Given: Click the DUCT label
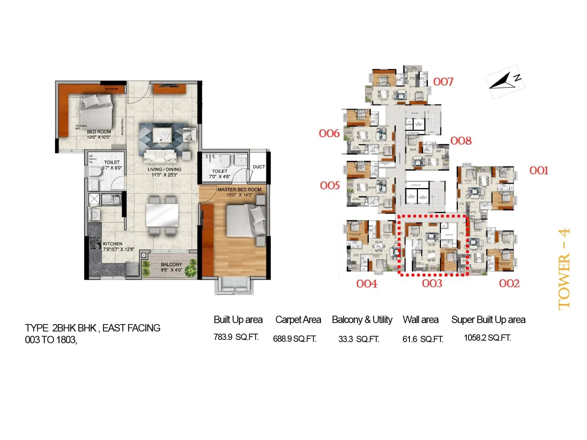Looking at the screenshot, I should [259, 167].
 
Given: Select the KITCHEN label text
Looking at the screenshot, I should [113, 244].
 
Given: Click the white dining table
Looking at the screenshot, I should [162, 215].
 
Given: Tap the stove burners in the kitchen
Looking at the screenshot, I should [95, 243].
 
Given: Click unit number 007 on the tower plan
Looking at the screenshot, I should [443, 82].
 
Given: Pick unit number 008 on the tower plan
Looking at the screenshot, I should [461, 141].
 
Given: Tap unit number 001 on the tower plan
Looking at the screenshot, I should [539, 170].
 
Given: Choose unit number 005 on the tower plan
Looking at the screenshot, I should [330, 186].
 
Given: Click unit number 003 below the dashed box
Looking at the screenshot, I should [432, 283].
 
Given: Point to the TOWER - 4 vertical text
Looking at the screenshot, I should [564, 269].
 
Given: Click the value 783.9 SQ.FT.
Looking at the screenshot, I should [236, 337].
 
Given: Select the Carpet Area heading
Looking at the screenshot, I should [298, 320].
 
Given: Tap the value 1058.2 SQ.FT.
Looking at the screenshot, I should [487, 338].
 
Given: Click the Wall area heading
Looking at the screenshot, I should [420, 320].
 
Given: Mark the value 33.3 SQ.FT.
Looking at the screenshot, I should [359, 339].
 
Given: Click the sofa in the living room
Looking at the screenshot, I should [160, 157].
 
